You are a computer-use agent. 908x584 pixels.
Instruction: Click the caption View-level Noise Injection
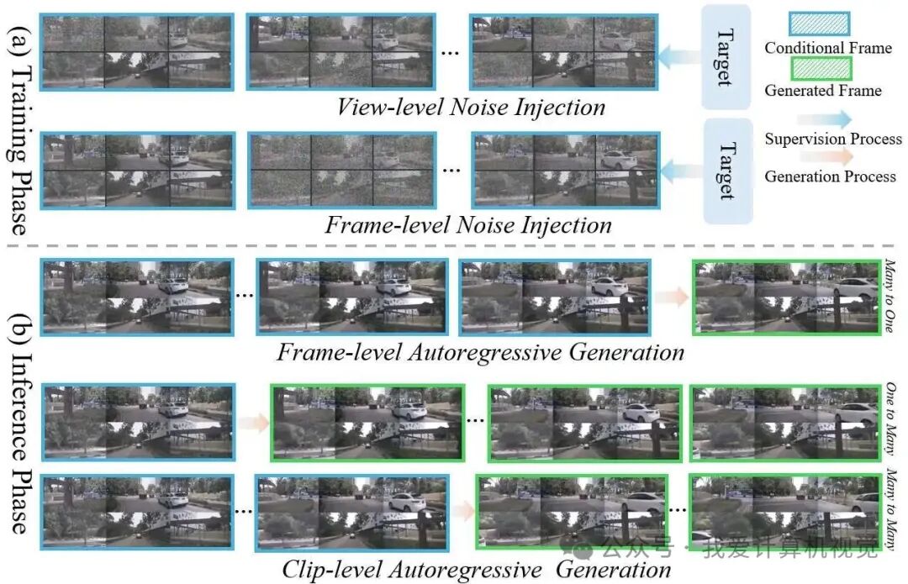click(x=471, y=108)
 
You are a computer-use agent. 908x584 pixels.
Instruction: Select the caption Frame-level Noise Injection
click(x=468, y=225)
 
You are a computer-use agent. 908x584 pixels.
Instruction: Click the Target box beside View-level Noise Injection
click(x=725, y=57)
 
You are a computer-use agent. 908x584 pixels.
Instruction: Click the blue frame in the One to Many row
click(x=139, y=421)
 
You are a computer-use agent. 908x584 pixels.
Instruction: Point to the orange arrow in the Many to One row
click(x=671, y=296)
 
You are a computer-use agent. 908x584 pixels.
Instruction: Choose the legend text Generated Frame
click(x=822, y=91)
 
